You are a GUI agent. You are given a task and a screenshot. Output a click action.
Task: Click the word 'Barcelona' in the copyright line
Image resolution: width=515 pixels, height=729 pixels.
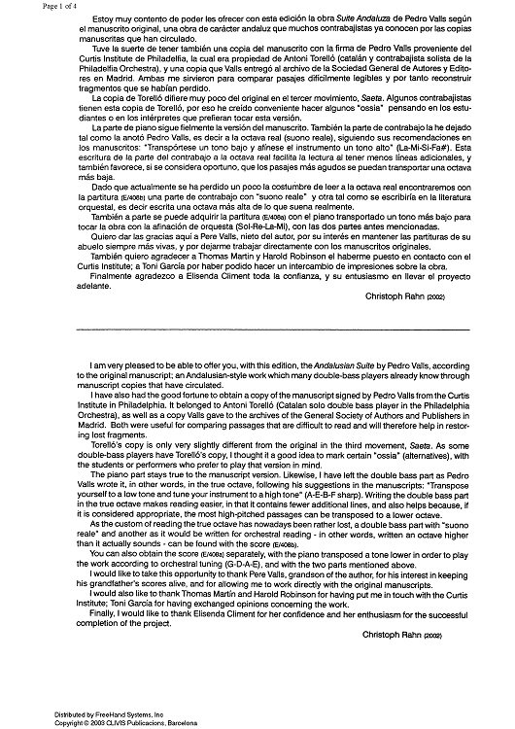click(159, 721)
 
